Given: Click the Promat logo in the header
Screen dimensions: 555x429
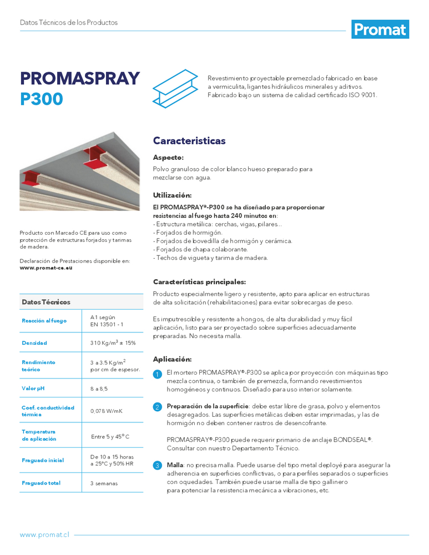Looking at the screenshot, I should pos(380,29).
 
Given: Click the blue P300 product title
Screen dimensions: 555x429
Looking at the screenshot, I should pos(42,99).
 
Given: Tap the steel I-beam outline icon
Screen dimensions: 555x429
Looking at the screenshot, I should pos(175,88).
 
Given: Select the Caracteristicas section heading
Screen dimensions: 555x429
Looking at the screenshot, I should pos(189,141).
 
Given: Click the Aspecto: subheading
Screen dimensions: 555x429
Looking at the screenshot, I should pos(168,158).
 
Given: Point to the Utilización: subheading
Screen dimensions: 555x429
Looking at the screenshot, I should pos(173,195).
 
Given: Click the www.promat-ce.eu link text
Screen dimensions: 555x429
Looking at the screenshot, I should pos(46,268).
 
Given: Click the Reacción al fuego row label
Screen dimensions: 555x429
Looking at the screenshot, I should pos(44,321).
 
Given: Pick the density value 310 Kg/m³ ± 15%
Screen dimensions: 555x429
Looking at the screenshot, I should pos(113,343).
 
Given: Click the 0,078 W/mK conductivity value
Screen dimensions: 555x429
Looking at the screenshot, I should pos(107,411).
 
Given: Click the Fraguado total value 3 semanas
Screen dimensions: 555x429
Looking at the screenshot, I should pos(104,483).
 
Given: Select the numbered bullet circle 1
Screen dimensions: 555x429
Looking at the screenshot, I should pos(158,375).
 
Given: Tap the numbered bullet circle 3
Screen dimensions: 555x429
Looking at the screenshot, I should pos(158,466).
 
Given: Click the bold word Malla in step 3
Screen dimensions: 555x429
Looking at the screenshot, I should pos(175,465).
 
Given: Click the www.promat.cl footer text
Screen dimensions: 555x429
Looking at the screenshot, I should pos(44,535).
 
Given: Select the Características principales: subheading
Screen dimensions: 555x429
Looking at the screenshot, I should pos(199,282).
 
